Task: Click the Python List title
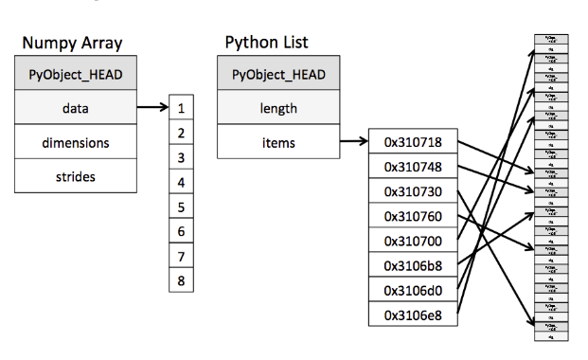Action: [266, 44]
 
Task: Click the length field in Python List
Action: [278, 109]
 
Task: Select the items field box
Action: [278, 143]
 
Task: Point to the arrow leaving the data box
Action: [151, 109]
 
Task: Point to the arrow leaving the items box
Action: [353, 143]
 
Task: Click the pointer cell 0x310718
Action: [414, 143]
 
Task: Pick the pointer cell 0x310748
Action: [414, 168]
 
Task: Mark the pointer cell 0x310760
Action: [414, 216]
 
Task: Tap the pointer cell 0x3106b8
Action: [414, 265]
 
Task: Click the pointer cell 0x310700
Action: [414, 241]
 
